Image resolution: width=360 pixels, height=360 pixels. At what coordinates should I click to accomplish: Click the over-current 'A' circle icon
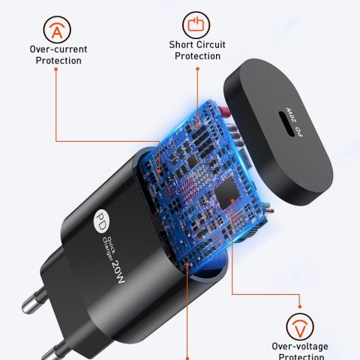coord(57,30)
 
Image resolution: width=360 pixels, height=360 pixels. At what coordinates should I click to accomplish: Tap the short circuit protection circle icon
coord(196,25)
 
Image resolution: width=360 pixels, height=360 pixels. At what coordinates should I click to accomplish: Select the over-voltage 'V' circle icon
coord(300,327)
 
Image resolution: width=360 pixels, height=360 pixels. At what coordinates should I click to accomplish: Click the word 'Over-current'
coord(58,49)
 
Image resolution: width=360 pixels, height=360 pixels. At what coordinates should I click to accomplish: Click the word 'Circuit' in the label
coord(211,45)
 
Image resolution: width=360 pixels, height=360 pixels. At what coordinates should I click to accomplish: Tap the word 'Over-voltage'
coord(300,346)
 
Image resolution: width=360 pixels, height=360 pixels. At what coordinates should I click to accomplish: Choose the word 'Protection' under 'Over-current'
coord(58,61)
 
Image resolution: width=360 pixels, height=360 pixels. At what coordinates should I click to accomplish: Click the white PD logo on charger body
coord(101,221)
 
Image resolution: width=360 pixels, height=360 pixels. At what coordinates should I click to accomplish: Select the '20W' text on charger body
coord(118,271)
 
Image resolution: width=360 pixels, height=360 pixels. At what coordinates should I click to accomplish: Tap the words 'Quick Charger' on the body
coord(109,249)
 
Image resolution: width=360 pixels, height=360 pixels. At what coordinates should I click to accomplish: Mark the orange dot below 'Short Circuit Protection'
coord(197,68)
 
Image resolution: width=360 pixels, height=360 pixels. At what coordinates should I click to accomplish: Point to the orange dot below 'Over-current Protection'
coord(56,69)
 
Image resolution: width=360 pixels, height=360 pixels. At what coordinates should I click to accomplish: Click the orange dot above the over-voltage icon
coord(300,307)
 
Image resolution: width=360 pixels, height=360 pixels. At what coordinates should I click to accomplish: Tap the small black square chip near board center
coord(193,161)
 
